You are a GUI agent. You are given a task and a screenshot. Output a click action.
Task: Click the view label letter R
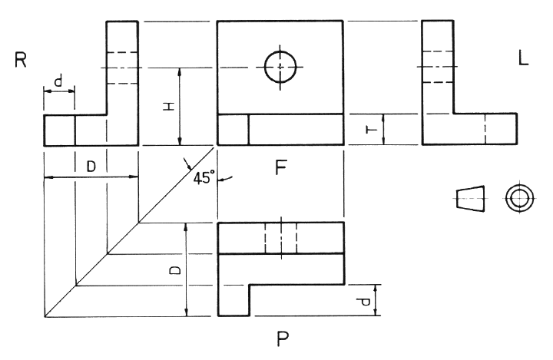[21, 61]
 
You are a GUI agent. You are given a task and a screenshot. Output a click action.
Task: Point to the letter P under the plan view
[283, 337]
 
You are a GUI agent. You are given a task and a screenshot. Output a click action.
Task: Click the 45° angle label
[204, 177]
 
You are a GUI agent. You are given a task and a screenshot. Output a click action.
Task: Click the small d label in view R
[58, 80]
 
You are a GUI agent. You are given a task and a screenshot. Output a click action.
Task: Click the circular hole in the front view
[280, 67]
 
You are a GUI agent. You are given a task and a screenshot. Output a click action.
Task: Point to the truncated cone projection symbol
[472, 198]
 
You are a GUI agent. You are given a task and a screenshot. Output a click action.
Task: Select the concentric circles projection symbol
[519, 198]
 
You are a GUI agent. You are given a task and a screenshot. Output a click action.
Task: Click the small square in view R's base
[59, 130]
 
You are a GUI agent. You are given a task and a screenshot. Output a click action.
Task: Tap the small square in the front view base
[233, 130]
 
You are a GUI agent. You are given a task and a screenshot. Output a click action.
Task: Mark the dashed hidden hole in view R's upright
[121, 67]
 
